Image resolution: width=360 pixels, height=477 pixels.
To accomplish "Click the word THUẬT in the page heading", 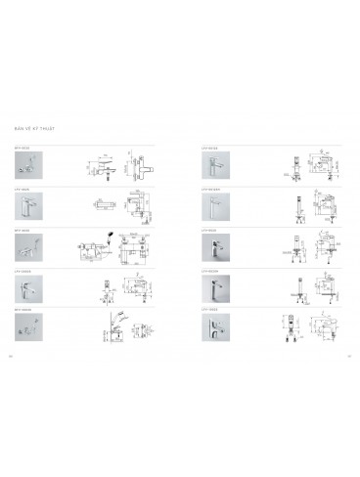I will pyautogui.click(x=43, y=128).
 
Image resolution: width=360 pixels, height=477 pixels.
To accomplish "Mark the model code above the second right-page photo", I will pyautogui.click(x=208, y=188).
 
